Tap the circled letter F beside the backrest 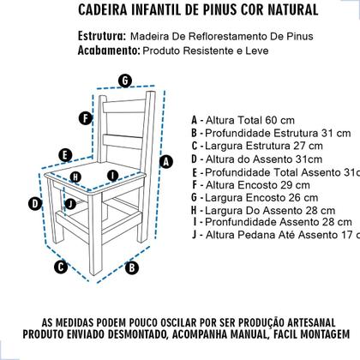click(84, 118)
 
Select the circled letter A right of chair click(167, 160)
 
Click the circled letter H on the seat click(76, 177)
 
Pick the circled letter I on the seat click(111, 176)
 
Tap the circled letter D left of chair click(35, 203)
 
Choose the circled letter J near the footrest click(69, 203)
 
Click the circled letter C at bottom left click(60, 267)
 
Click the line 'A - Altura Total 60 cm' click(249, 120)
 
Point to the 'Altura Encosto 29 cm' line click(254, 183)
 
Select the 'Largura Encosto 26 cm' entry click(257, 196)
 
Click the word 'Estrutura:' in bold click(96, 37)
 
